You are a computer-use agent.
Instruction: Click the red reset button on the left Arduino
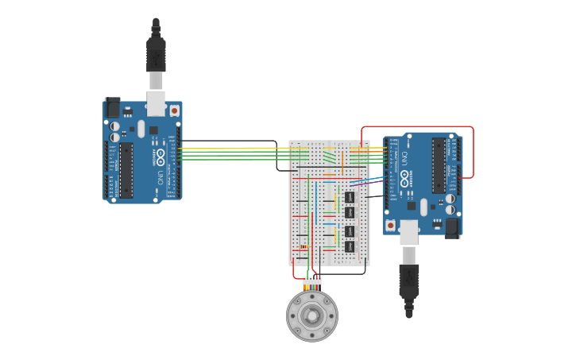tap(174, 111)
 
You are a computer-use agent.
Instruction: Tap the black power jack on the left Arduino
tap(113, 108)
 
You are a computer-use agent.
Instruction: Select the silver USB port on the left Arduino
tap(156, 103)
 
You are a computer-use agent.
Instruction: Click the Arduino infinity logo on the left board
tap(160, 155)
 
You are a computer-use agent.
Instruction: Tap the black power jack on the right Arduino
tap(452, 227)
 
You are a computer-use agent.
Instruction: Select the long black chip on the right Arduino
tap(439, 165)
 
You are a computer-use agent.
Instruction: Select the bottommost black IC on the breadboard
tap(350, 247)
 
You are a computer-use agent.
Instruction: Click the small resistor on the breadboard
tap(303, 246)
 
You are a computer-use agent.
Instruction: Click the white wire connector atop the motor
tap(312, 281)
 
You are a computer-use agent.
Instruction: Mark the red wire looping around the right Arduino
tap(474, 151)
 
